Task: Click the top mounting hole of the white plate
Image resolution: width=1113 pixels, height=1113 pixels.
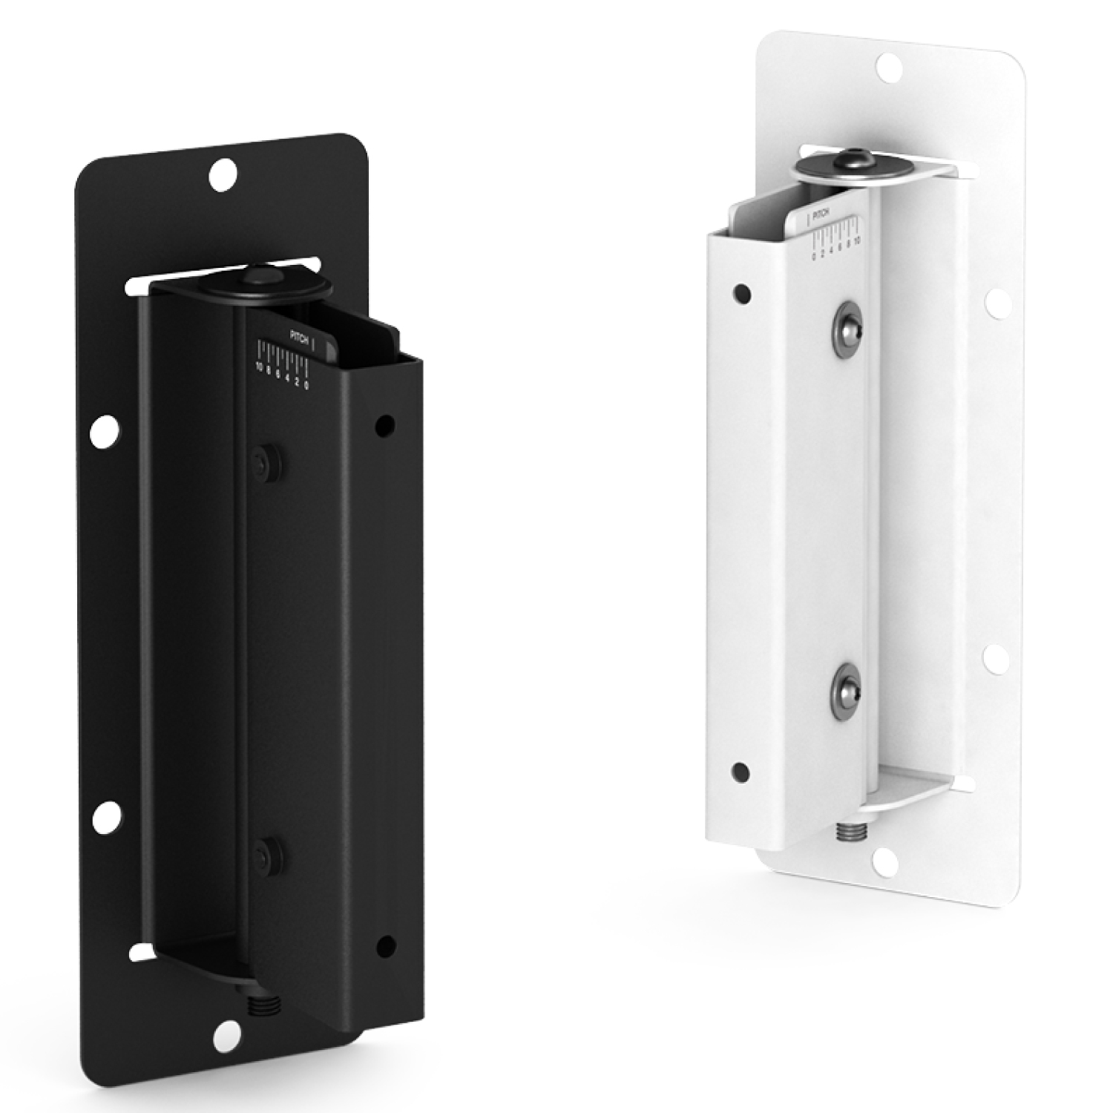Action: point(887,67)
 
